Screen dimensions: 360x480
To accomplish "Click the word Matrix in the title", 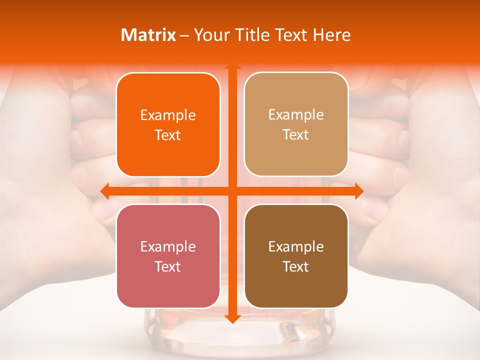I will point(148,35).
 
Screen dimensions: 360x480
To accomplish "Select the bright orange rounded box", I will point(168,125).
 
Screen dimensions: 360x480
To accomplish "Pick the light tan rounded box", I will point(296,124).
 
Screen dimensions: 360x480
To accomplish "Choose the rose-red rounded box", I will point(168,256).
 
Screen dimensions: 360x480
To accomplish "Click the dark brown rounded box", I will point(296,256).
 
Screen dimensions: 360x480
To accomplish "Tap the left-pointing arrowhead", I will point(104,190).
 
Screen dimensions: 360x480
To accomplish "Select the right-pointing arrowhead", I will point(359,190).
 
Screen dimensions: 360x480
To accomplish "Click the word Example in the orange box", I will point(168,115).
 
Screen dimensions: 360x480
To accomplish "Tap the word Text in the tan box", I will point(296,135).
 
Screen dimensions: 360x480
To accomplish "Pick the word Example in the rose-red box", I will point(168,247).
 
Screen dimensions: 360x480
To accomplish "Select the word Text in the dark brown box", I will point(296,266).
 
